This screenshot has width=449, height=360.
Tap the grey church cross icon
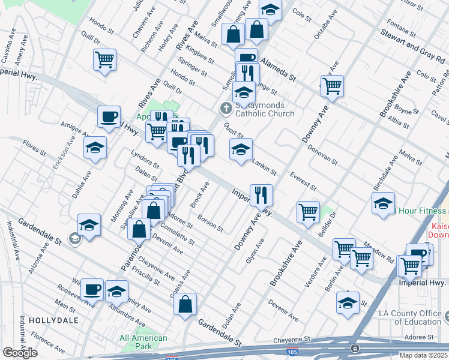(x=226, y=109)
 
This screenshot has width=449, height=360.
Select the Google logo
(x=20, y=353)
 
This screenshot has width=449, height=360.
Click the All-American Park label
(x=143, y=342)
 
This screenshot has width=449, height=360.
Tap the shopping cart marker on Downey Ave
(x=332, y=85)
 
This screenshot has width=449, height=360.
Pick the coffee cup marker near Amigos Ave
(x=109, y=116)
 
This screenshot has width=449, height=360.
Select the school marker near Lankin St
(x=241, y=149)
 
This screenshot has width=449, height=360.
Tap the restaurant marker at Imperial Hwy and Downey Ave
(x=261, y=194)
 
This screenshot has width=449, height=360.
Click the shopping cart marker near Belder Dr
(x=308, y=211)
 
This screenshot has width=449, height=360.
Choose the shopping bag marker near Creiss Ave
(x=185, y=303)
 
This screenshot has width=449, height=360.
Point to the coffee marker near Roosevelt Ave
(x=92, y=289)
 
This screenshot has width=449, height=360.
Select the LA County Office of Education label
(x=411, y=317)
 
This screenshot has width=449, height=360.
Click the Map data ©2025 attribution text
(x=420, y=355)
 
